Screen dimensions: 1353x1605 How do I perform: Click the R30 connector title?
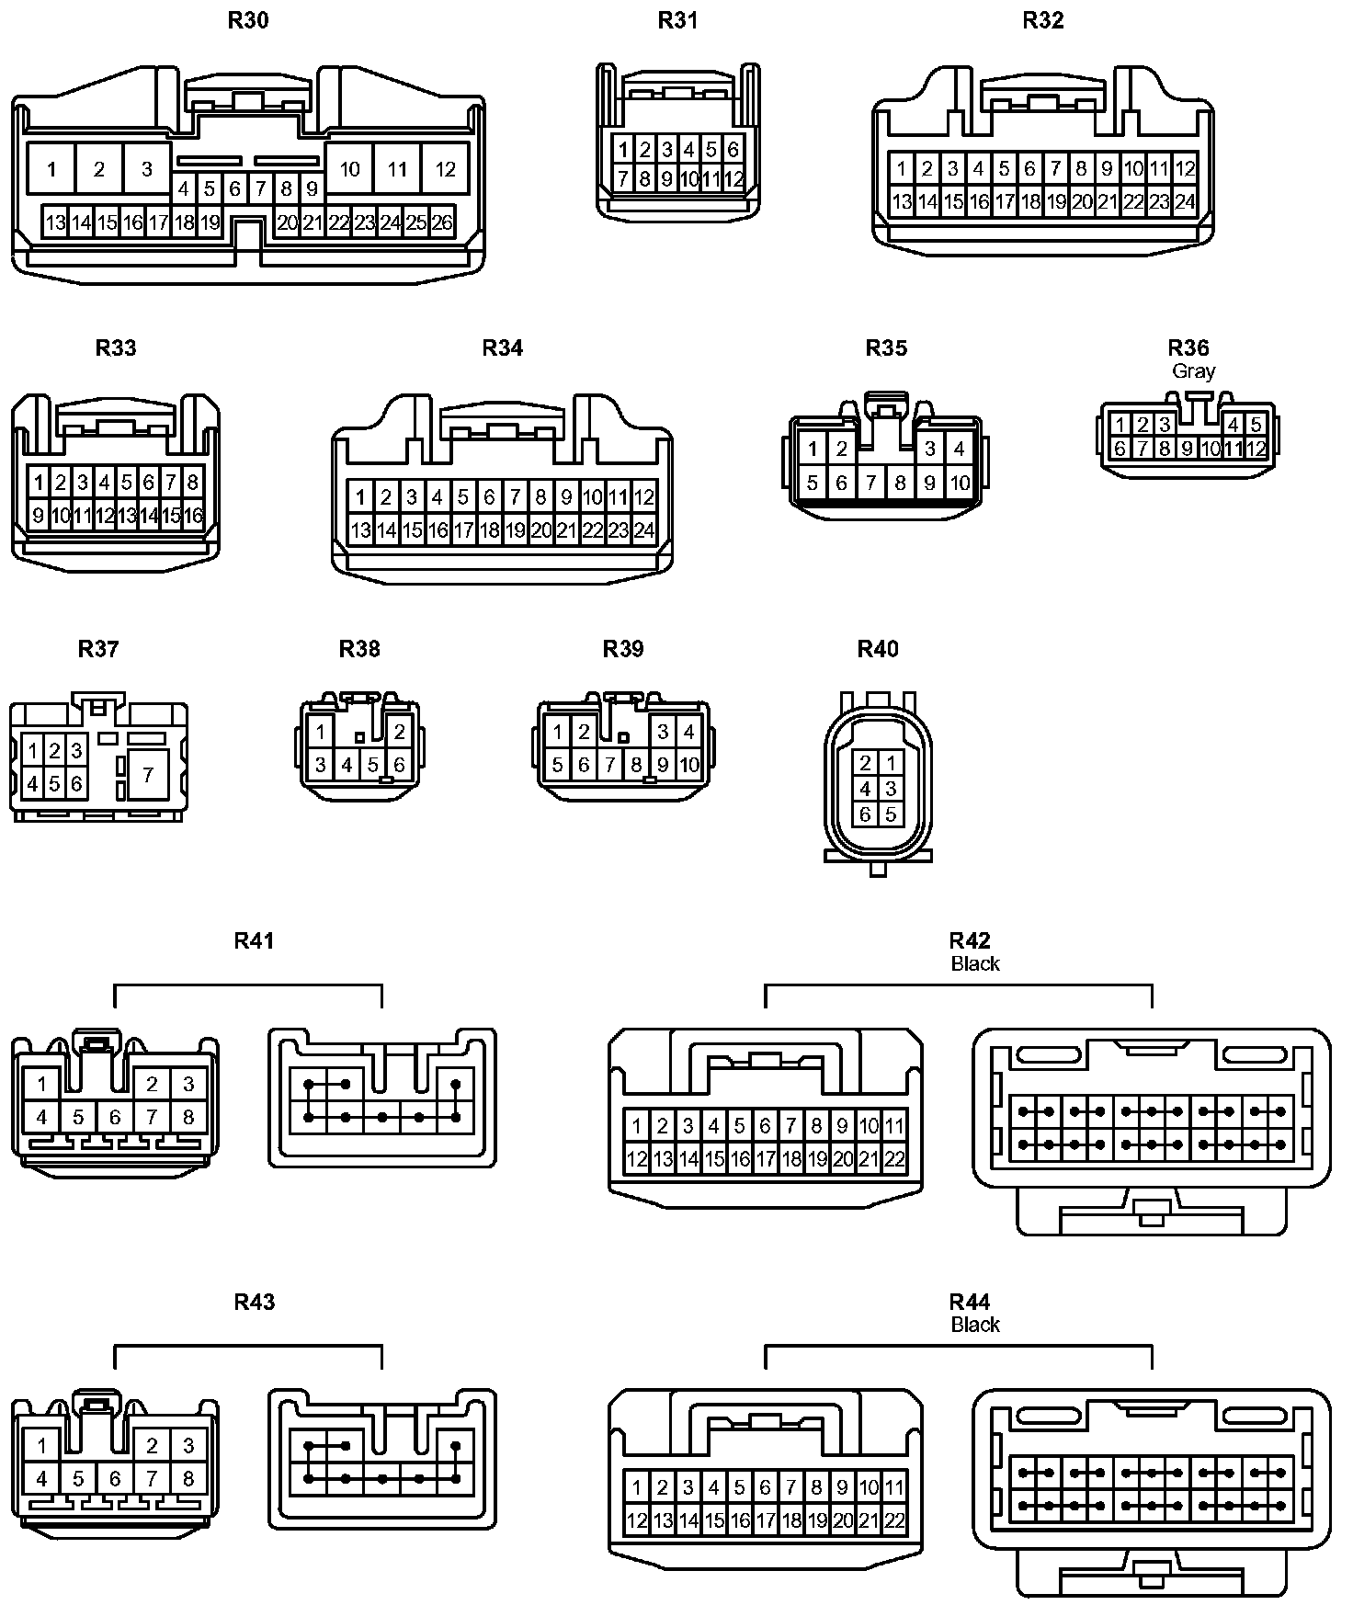tap(248, 20)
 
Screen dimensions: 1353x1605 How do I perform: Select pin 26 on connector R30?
tap(442, 222)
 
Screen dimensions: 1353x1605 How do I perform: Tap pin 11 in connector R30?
tap(397, 169)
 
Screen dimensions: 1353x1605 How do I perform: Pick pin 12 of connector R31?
tap(733, 179)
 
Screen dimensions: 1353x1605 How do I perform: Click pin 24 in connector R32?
tap(1185, 201)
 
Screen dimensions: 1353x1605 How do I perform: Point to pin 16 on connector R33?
tap(192, 516)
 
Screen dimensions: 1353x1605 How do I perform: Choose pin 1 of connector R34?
tap(360, 497)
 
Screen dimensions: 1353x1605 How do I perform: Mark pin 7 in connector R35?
tap(870, 483)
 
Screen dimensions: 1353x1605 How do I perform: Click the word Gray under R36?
tap(1193, 371)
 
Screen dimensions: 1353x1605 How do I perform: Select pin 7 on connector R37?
tap(148, 776)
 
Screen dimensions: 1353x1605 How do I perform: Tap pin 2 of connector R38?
tap(399, 733)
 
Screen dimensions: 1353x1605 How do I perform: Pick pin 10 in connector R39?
tap(688, 765)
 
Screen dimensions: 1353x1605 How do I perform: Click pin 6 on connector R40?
tap(865, 814)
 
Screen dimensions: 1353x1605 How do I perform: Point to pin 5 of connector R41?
tap(78, 1118)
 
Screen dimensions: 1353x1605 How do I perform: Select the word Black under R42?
tap(975, 963)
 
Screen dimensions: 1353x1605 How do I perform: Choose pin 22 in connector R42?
tap(894, 1159)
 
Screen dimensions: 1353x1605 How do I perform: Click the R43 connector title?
tap(255, 1302)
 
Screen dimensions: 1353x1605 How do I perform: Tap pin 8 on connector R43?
tap(188, 1479)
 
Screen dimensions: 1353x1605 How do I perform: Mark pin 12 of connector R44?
tap(636, 1520)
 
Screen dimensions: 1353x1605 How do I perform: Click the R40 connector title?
tap(878, 649)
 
